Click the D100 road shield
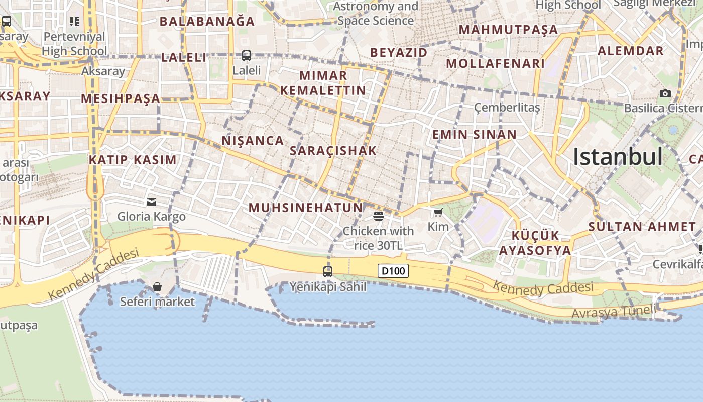pyautogui.click(x=393, y=271)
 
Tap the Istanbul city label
pyautogui.click(x=618, y=157)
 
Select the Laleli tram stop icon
pyautogui.click(x=246, y=55)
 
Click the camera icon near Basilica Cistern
pyautogui.click(x=665, y=93)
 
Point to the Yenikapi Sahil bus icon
pyautogui.click(x=328, y=272)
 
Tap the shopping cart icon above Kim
pyautogui.click(x=438, y=212)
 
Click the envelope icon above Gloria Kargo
pyautogui.click(x=151, y=202)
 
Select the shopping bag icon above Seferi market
pyautogui.click(x=157, y=287)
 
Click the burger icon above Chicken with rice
pyautogui.click(x=378, y=216)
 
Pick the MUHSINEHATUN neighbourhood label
pyautogui.click(x=305, y=208)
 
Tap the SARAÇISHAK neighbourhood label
pyautogui.click(x=333, y=151)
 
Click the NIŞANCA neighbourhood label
pyautogui.click(x=253, y=141)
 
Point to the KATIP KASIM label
pyautogui.click(x=133, y=160)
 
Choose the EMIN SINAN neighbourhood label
pyautogui.click(x=474, y=135)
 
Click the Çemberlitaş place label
pyautogui.click(x=507, y=108)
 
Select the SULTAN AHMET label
pyautogui.click(x=642, y=227)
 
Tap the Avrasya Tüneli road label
pyautogui.click(x=614, y=312)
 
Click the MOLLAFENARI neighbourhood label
pyautogui.click(x=495, y=64)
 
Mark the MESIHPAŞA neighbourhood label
pyautogui.click(x=121, y=98)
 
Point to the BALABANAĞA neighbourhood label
pyautogui.click(x=207, y=22)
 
